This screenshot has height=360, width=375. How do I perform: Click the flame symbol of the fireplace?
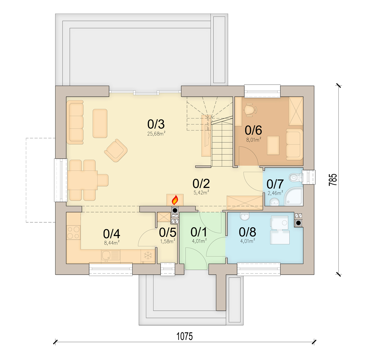pyautogui.click(x=175, y=200)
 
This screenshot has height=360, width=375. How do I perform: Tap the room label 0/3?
pyautogui.click(x=156, y=124)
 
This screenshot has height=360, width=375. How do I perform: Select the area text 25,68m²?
pyautogui.click(x=156, y=134)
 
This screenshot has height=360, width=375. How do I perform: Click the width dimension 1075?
pyautogui.click(x=184, y=337)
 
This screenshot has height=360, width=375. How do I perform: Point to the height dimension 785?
pyautogui.click(x=333, y=180)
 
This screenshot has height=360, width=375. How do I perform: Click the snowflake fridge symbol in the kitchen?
pyautogui.click(x=148, y=256)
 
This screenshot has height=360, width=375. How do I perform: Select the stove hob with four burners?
pyautogui.click(x=73, y=232)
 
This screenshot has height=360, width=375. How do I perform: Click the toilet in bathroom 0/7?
pyautogui.click(x=296, y=177)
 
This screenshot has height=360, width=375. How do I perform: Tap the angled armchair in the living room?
pyautogui.click(x=116, y=150)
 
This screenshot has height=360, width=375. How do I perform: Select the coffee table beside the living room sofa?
pyautogui.click(x=100, y=123)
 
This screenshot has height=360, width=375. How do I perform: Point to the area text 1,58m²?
pyautogui.click(x=167, y=241)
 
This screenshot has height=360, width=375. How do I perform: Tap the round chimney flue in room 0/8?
pyautogui.click(x=298, y=223)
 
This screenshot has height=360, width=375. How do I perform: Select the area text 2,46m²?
pyautogui.click(x=275, y=193)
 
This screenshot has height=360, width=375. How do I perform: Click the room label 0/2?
pyautogui.click(x=201, y=184)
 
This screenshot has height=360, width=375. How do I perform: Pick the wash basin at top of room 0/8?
pyautogui.click(x=245, y=216)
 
